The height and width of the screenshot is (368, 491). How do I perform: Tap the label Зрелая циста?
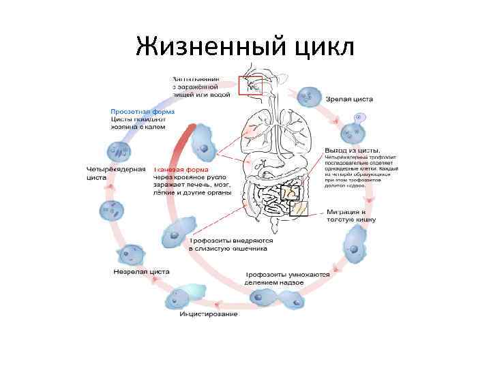(348, 99)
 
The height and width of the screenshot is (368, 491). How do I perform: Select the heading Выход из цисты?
(353, 150)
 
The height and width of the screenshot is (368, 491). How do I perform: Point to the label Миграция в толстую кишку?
(351, 216)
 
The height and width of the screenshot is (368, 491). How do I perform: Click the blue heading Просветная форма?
(143, 111)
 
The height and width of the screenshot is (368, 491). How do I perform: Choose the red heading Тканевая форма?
(181, 169)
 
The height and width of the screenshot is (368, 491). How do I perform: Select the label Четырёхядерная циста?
(116, 172)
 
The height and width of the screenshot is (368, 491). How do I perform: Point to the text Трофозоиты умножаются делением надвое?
(287, 279)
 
